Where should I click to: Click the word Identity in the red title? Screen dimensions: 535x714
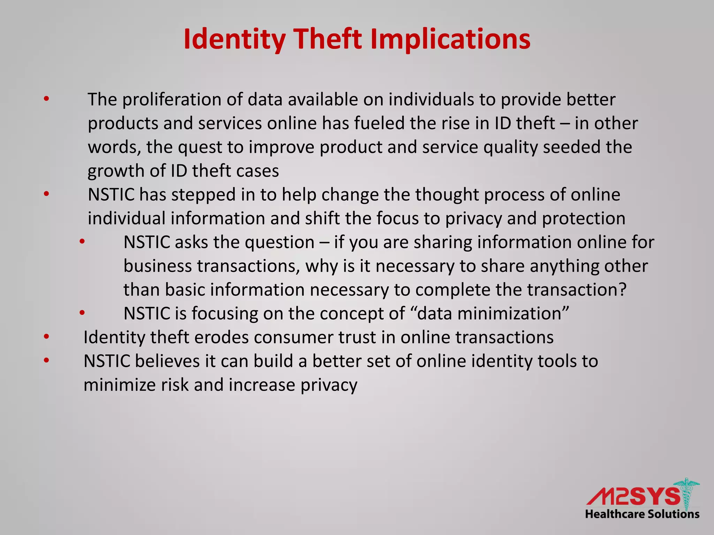click(x=234, y=39)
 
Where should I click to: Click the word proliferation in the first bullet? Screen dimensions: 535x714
click(x=172, y=100)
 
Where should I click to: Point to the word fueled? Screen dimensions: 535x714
click(x=379, y=123)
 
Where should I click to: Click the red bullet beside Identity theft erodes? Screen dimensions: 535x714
click(x=46, y=337)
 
